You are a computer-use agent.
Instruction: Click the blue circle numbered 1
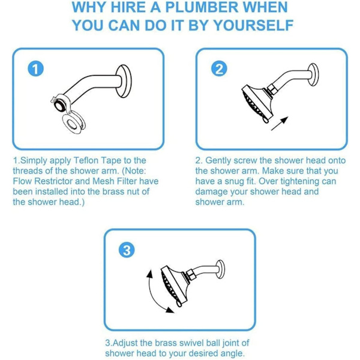pos(35,69)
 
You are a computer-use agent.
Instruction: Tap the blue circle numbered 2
pos(219,69)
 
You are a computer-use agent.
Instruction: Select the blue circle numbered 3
pos(127,250)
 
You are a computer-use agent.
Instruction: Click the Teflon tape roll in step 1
pos(73,124)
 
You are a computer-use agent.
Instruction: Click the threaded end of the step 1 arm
pos(59,104)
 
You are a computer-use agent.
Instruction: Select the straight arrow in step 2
pos(280,124)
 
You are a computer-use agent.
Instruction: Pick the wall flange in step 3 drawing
pos(220,269)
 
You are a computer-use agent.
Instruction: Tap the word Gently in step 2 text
pos(218,160)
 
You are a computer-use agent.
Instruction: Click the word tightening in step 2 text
pos(299,181)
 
